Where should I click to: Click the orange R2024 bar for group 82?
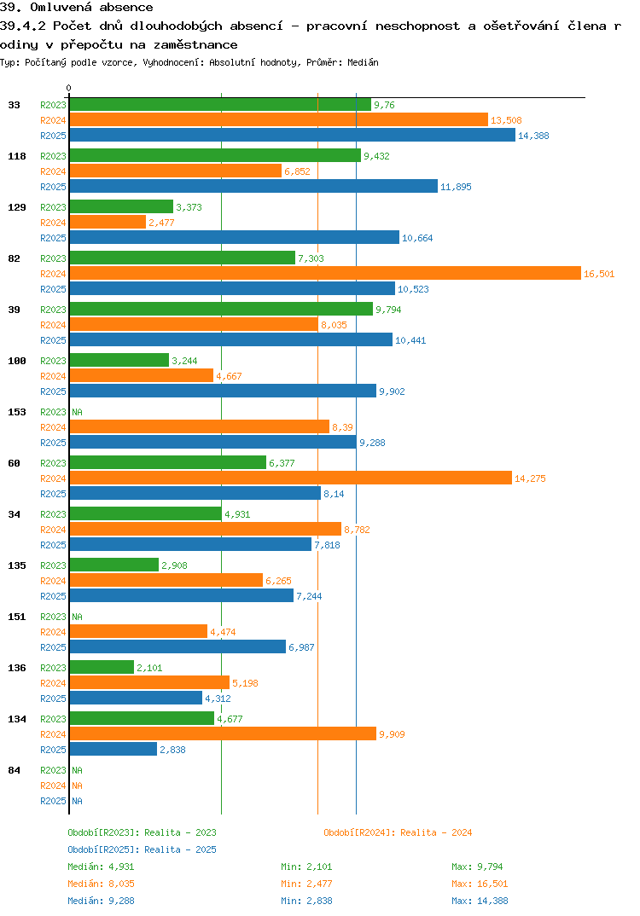[x=324, y=273]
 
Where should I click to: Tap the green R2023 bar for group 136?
[x=102, y=667]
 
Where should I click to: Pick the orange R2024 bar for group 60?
[x=290, y=478]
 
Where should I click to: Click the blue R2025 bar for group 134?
[x=113, y=749]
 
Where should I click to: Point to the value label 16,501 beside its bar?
[x=599, y=274]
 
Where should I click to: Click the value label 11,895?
[x=456, y=187]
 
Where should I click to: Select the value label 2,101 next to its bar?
[x=150, y=668]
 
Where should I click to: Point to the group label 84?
[x=15, y=770]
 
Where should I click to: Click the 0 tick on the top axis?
[x=69, y=88]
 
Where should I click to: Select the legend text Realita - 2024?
[x=436, y=832]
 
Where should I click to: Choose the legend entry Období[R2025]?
[x=103, y=849]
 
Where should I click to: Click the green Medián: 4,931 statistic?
[x=98, y=867]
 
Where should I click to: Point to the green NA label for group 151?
[x=77, y=617]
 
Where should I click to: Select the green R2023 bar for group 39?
[x=221, y=309]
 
